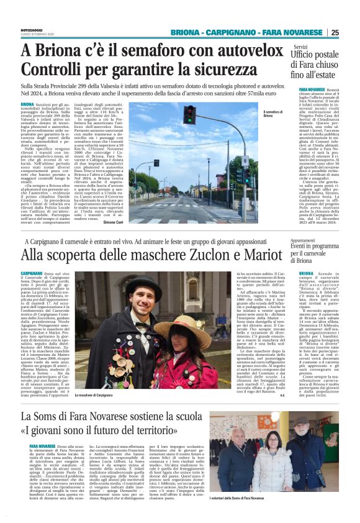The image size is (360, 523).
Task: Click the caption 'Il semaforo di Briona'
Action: (x=271, y=113)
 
